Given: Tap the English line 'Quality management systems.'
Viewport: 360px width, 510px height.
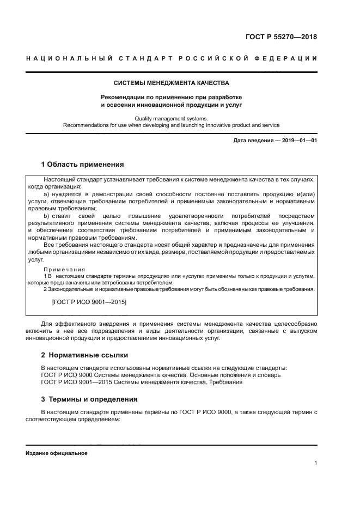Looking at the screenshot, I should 171,118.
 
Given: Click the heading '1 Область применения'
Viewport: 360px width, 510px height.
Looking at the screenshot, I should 82,164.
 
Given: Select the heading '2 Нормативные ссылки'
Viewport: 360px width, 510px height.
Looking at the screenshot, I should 84,355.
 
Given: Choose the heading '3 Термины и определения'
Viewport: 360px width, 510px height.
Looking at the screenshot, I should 89,399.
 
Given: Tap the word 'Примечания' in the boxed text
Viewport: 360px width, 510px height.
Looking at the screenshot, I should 64,269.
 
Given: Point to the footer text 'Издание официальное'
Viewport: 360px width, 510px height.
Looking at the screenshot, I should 56,453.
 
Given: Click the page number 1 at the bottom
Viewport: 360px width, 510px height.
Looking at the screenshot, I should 315,463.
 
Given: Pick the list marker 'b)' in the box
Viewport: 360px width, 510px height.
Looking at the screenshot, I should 46,216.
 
